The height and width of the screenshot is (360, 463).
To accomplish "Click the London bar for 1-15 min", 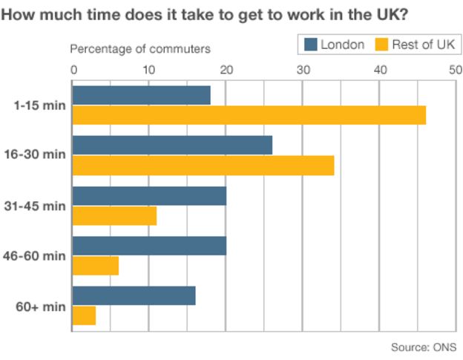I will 141,96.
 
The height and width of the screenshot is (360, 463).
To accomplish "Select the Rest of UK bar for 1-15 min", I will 249,115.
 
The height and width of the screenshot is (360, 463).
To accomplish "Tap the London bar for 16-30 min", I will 172,145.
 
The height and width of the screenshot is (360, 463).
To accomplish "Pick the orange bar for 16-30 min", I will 203,165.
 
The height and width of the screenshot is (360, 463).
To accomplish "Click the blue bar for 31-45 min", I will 149,195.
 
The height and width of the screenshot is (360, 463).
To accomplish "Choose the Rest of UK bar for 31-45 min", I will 114,215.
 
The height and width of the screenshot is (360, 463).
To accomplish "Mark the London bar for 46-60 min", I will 149,246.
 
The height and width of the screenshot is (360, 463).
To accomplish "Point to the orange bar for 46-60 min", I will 96,265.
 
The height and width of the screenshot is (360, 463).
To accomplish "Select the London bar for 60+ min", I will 134,295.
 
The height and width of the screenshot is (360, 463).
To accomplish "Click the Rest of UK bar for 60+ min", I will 84,315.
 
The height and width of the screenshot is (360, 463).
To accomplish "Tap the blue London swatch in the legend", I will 310,45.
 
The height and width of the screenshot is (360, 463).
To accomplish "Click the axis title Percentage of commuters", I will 140,49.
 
